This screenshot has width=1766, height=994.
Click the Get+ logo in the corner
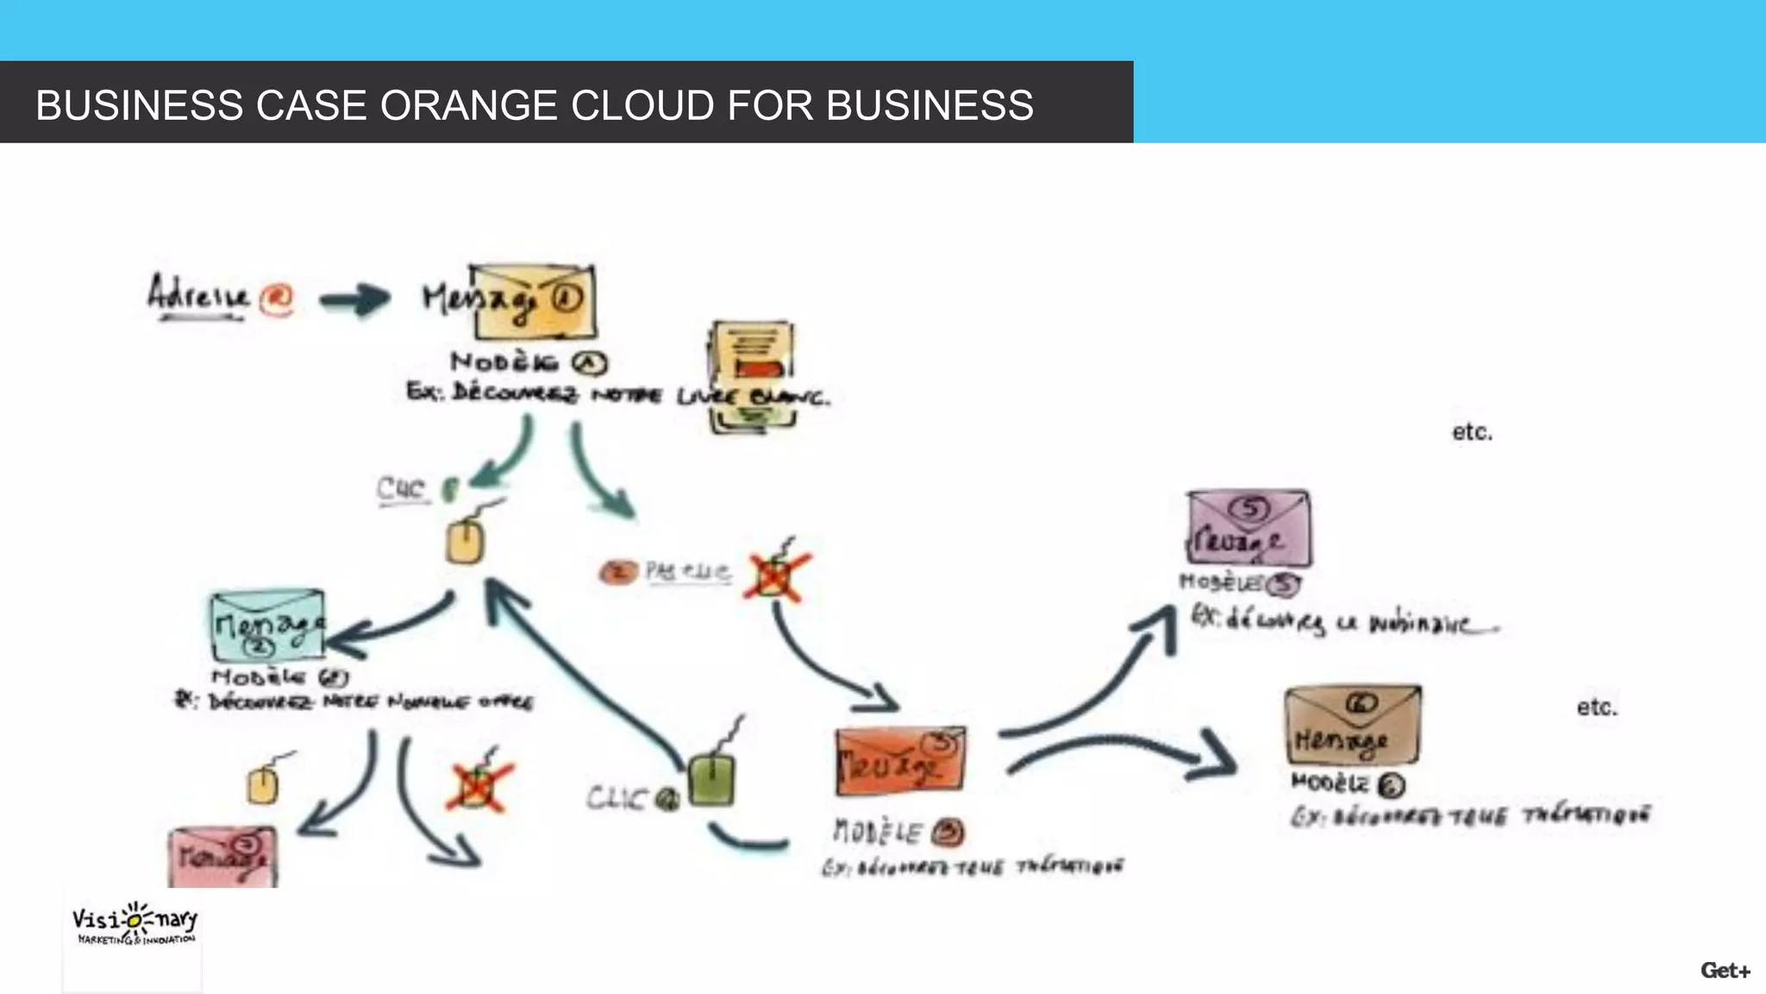[1725, 971]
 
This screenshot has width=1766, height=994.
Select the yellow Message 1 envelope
[535, 302]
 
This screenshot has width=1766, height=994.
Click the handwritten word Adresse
[198, 293]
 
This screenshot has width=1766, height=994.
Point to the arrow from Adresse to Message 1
[354, 300]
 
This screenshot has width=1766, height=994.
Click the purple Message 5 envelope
[1248, 528]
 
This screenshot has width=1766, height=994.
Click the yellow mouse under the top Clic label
[466, 542]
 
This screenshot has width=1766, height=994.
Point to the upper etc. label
[1471, 431]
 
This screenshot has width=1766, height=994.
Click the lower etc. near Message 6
[1596, 708]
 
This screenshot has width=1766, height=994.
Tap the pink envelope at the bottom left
[222, 857]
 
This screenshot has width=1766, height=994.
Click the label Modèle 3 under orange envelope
[898, 832]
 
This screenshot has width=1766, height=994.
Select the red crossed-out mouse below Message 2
[477, 785]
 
